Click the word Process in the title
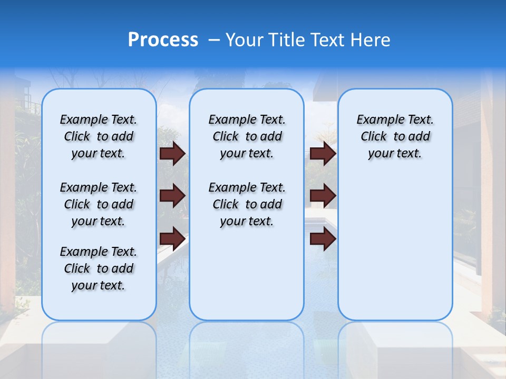[x=163, y=40]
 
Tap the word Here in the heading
[x=370, y=40]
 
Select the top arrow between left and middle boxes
[x=172, y=153]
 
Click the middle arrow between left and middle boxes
[x=172, y=196]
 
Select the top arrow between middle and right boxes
[x=323, y=153]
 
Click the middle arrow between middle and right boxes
[x=323, y=196]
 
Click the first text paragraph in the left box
[x=99, y=136]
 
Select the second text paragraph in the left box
[x=99, y=204]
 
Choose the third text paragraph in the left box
[x=99, y=268]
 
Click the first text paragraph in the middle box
[x=247, y=136]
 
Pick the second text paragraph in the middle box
[x=247, y=204]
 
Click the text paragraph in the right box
[x=395, y=136]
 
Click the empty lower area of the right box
[x=395, y=247]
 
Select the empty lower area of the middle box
[x=247, y=274]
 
